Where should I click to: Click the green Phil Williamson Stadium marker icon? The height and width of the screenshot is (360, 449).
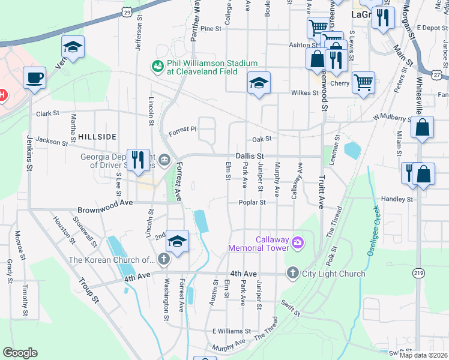point(158,65)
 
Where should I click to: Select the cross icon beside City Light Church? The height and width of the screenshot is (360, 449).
point(293,273)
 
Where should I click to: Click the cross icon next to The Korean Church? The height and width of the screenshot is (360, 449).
point(163,259)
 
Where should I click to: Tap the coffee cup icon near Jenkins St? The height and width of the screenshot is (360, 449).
point(34,78)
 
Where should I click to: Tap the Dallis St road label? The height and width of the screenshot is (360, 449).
point(250,155)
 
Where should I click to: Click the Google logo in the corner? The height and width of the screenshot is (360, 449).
point(20,353)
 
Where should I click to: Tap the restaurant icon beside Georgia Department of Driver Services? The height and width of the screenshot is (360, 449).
point(139,160)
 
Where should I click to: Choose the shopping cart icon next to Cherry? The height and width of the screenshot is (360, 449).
point(364,82)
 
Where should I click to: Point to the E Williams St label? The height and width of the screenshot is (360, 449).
point(231,331)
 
